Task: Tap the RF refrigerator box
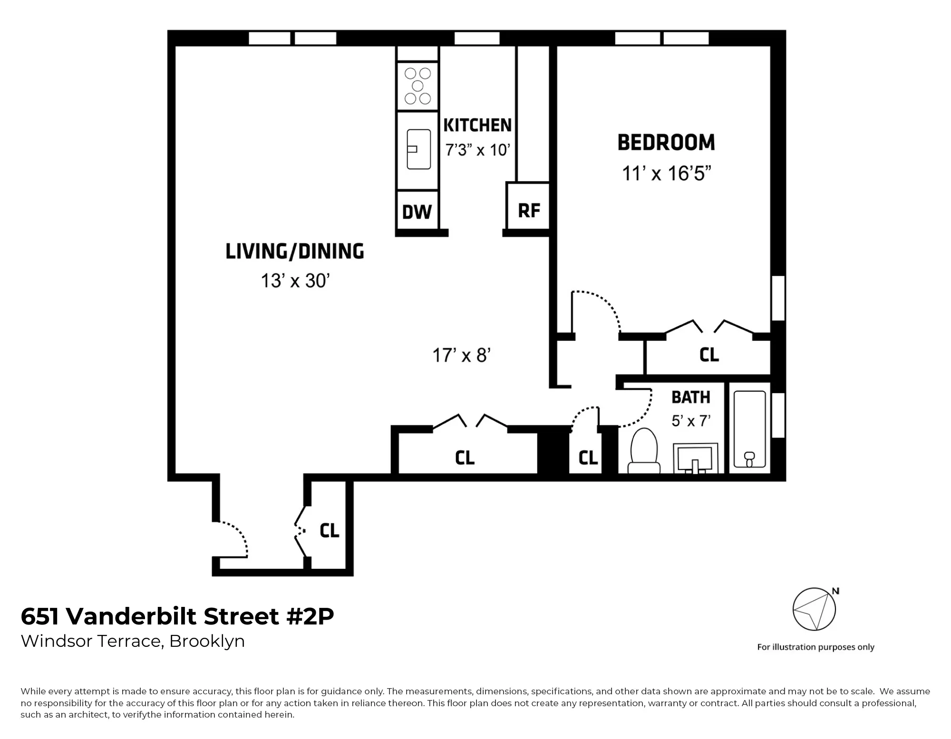point(529,210)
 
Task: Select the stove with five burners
point(417,86)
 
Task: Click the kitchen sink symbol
point(418,149)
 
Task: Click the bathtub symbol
point(749,429)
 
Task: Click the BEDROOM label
point(666,143)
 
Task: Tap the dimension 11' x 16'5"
point(666,173)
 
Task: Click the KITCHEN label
point(477,125)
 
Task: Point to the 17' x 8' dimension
point(461,355)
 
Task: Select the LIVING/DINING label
point(294,251)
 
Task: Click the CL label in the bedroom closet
point(709,355)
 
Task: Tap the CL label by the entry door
point(329,530)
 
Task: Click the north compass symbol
point(814,609)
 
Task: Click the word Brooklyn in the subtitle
point(207,642)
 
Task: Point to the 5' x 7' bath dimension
point(691,421)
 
